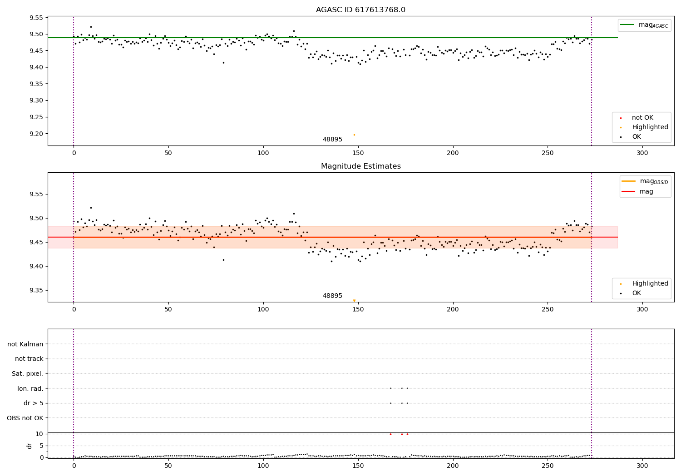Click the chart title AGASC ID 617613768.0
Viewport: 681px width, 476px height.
tap(360, 10)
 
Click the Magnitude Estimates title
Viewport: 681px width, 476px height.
tap(360, 166)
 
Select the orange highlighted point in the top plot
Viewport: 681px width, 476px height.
tap(354, 135)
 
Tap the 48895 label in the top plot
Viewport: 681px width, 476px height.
tap(332, 140)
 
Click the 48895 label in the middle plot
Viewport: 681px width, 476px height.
tap(332, 296)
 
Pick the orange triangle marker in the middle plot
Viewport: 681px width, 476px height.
tap(354, 301)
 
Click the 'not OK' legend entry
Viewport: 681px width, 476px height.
tap(642, 118)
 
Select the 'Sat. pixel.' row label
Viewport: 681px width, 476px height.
tap(28, 374)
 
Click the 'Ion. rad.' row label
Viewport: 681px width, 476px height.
tap(30, 389)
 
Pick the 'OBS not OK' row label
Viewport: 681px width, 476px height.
tap(25, 418)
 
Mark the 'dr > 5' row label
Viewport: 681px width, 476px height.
tap(34, 403)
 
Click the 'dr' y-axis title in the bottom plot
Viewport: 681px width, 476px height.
tap(30, 446)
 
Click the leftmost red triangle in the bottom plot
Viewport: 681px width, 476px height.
tap(390, 434)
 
